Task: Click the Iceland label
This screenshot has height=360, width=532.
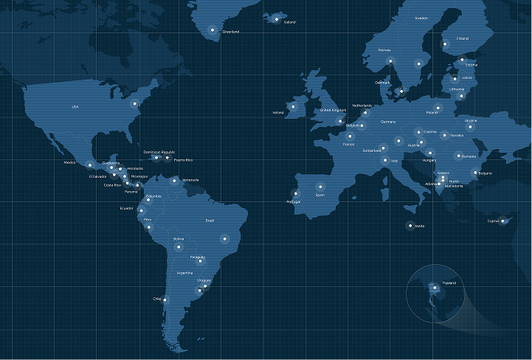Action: pos(290,22)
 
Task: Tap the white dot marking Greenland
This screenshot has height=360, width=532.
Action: pos(213,30)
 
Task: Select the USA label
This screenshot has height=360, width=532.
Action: pos(75,107)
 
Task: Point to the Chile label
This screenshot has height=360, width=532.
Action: pos(156,299)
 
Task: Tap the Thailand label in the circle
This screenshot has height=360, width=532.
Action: pos(449,283)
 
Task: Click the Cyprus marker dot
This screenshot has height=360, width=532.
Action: pos(504,221)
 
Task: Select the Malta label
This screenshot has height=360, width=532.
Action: pos(420,226)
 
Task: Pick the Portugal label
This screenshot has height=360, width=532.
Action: pos(293,201)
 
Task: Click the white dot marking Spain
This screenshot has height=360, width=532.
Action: pos(320,186)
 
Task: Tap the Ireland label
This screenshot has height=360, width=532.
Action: pos(278,113)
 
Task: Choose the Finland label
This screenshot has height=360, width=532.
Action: pos(463,38)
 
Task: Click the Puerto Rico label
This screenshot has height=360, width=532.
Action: pos(184,159)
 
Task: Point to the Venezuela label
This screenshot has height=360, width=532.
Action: pos(190,180)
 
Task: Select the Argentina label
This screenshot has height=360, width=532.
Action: pos(185,273)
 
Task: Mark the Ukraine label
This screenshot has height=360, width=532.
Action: pos(471,120)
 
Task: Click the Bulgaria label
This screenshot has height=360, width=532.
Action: pos(486,173)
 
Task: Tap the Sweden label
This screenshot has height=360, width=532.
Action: pos(421,18)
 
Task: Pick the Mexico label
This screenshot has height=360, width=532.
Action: pos(70,162)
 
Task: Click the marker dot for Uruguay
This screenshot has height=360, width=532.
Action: pos(198,291)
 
